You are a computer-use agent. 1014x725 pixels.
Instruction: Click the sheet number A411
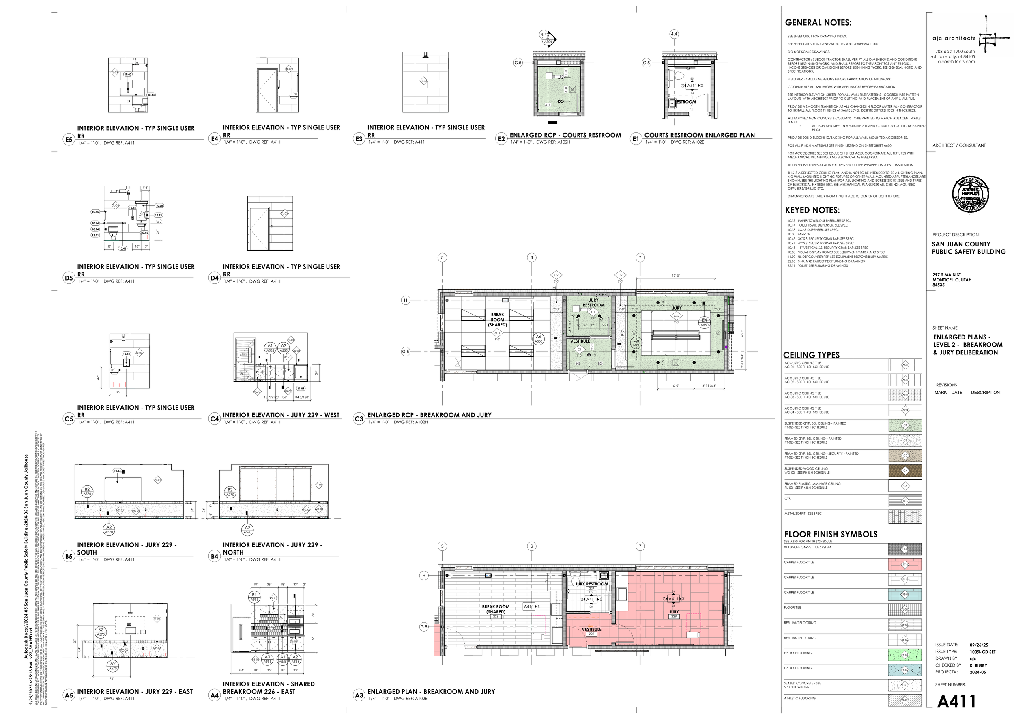(x=956, y=701)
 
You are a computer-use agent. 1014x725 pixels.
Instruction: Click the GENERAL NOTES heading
(x=818, y=23)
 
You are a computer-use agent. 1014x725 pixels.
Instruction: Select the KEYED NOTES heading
(x=812, y=210)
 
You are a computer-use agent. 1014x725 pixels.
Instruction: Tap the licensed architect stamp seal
(x=970, y=194)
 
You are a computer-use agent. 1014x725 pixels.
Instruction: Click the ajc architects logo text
(x=954, y=39)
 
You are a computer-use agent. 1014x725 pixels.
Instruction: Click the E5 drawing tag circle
(x=69, y=140)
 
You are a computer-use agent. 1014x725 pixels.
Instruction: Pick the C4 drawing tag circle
(x=214, y=419)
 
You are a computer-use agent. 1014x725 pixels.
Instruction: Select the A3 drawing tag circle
(x=359, y=695)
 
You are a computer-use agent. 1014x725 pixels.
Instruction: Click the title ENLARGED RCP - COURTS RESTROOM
(x=565, y=135)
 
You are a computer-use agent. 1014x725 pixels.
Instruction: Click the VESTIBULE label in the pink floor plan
(x=591, y=629)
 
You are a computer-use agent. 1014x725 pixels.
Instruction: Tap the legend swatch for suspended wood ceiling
(x=905, y=470)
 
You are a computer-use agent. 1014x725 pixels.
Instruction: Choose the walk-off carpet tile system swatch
(x=905, y=549)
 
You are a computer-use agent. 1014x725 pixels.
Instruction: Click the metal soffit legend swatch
(x=905, y=516)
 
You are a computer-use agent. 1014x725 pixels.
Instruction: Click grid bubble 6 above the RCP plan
(x=531, y=258)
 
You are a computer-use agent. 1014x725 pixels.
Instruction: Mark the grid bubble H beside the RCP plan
(x=406, y=300)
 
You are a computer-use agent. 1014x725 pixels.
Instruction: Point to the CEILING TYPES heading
(x=811, y=355)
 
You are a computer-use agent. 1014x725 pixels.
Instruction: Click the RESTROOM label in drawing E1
(x=685, y=102)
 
